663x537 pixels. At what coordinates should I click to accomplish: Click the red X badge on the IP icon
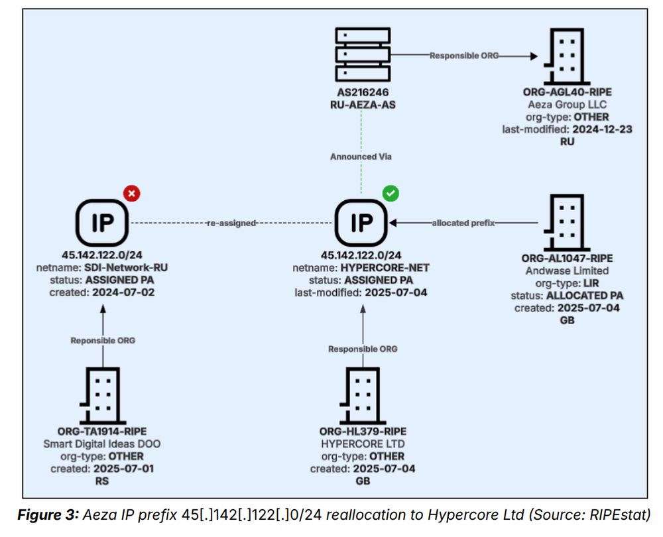pyautogui.click(x=131, y=194)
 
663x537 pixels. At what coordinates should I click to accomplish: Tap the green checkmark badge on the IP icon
pyautogui.click(x=391, y=194)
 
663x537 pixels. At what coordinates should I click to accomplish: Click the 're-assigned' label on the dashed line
pyautogui.click(x=231, y=223)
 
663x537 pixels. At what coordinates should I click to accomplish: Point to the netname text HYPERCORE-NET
pyautogui.click(x=380, y=268)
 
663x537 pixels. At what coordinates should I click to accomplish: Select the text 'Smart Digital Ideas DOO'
pyautogui.click(x=102, y=444)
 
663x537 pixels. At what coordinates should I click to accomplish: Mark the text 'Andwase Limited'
pyautogui.click(x=566, y=270)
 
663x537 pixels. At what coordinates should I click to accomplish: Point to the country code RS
pyautogui.click(x=102, y=481)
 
